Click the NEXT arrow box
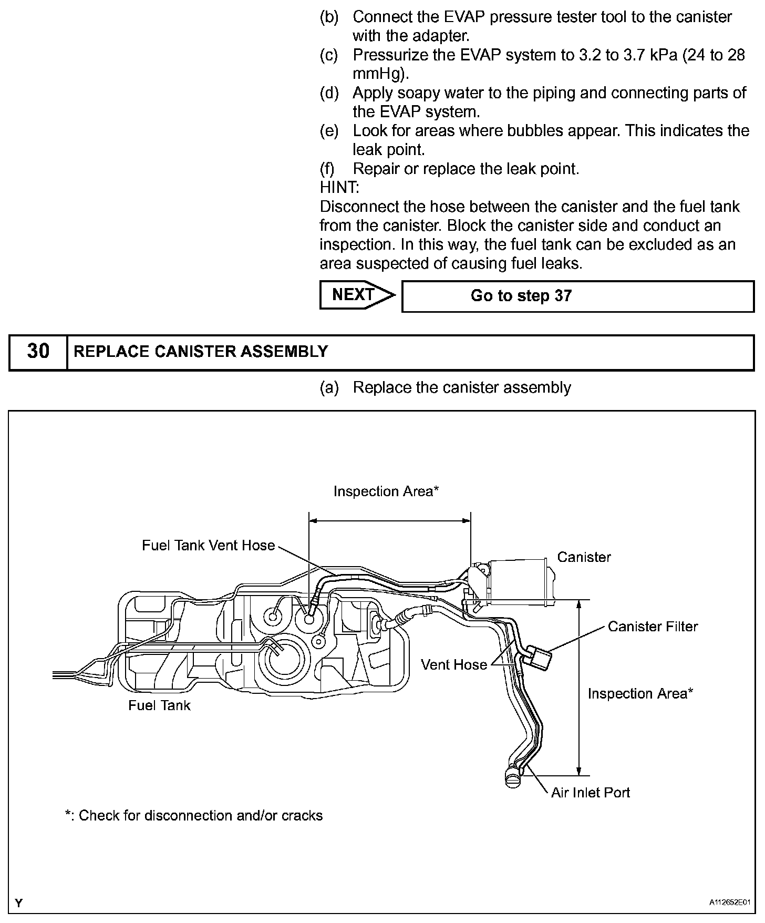356,295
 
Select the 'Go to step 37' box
577,296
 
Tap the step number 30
38,352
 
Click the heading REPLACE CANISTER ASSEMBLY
201,352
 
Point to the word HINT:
339,188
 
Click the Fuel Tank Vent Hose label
208,546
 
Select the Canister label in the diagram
584,557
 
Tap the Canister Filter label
653,627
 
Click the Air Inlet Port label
590,793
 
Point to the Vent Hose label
454,665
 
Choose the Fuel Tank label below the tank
159,705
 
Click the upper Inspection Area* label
386,491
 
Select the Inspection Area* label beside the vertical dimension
640,694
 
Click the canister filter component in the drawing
540,657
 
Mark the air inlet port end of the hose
512,777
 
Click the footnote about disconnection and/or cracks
193,816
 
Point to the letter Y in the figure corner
19,904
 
